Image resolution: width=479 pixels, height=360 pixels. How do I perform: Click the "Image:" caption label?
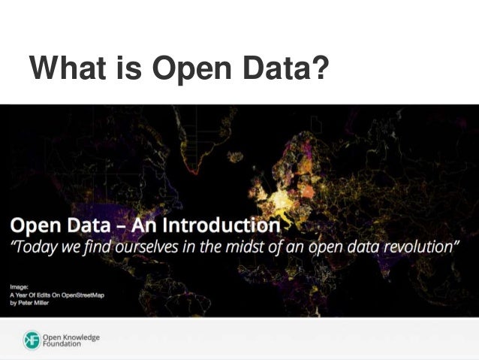click(x=20, y=286)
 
